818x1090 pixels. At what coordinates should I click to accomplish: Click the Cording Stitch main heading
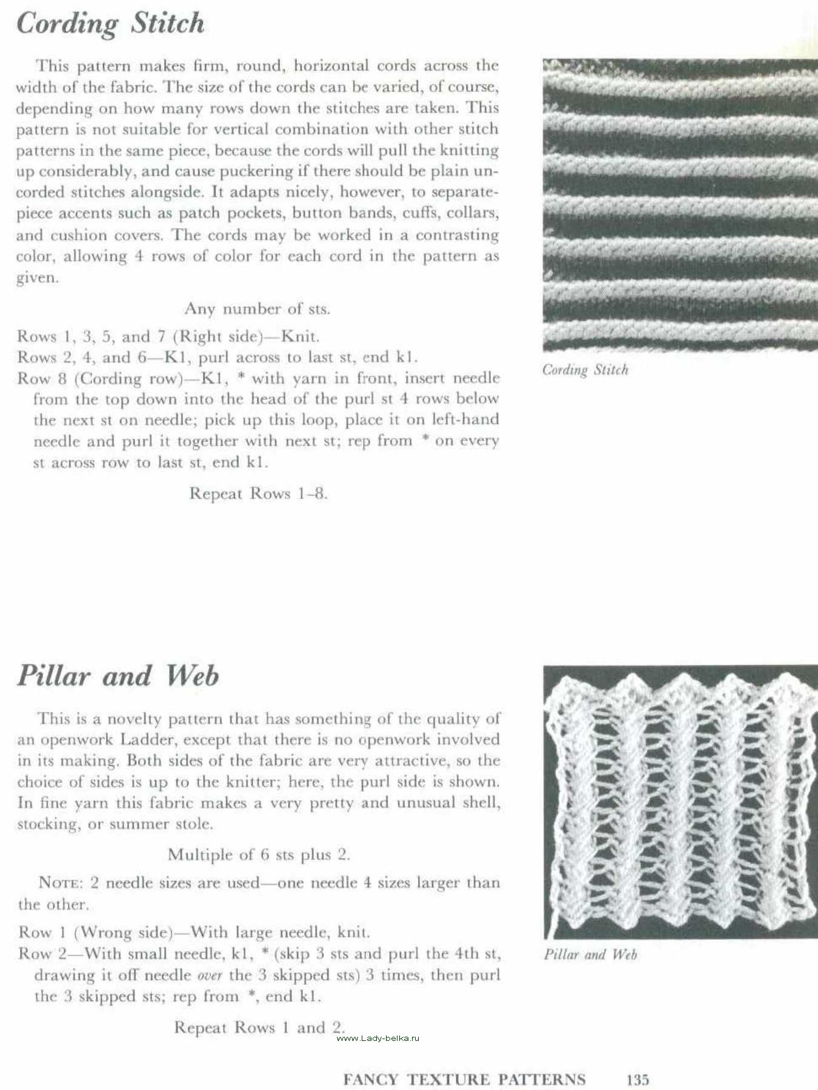[x=110, y=24]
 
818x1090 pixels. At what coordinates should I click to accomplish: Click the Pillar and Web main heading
[x=118, y=676]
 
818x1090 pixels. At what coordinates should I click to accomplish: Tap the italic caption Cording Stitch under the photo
[x=585, y=370]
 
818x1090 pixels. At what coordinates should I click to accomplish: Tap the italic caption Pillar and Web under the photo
[x=590, y=955]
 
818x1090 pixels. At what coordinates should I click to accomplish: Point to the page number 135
[x=637, y=1080]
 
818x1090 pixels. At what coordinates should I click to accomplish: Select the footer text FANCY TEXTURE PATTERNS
[x=464, y=1080]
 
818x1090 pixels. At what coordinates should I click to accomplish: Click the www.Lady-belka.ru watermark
[x=377, y=1038]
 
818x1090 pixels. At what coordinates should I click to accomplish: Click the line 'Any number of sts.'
[x=257, y=309]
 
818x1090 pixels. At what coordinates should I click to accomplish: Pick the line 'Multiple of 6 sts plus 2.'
[x=259, y=854]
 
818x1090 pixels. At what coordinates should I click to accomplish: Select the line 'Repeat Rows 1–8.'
[x=258, y=494]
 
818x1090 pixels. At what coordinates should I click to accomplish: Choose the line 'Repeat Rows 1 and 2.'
[x=259, y=1028]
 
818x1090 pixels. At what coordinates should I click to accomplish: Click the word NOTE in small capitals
[x=60, y=883]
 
